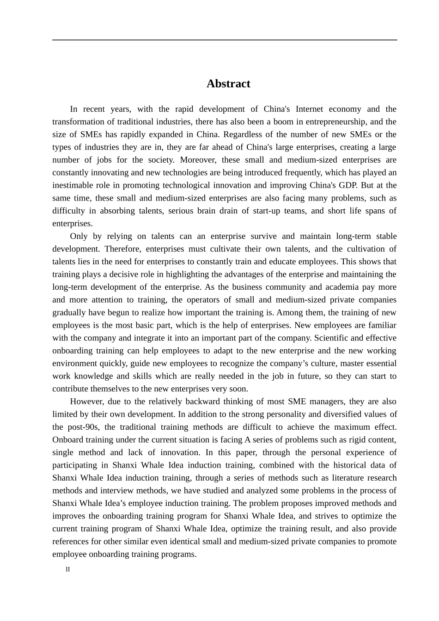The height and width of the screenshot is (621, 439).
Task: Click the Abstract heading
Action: (228, 84)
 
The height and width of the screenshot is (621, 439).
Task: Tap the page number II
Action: (67, 569)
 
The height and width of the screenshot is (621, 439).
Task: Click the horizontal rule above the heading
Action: (225, 40)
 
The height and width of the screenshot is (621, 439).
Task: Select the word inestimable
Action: (72, 185)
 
